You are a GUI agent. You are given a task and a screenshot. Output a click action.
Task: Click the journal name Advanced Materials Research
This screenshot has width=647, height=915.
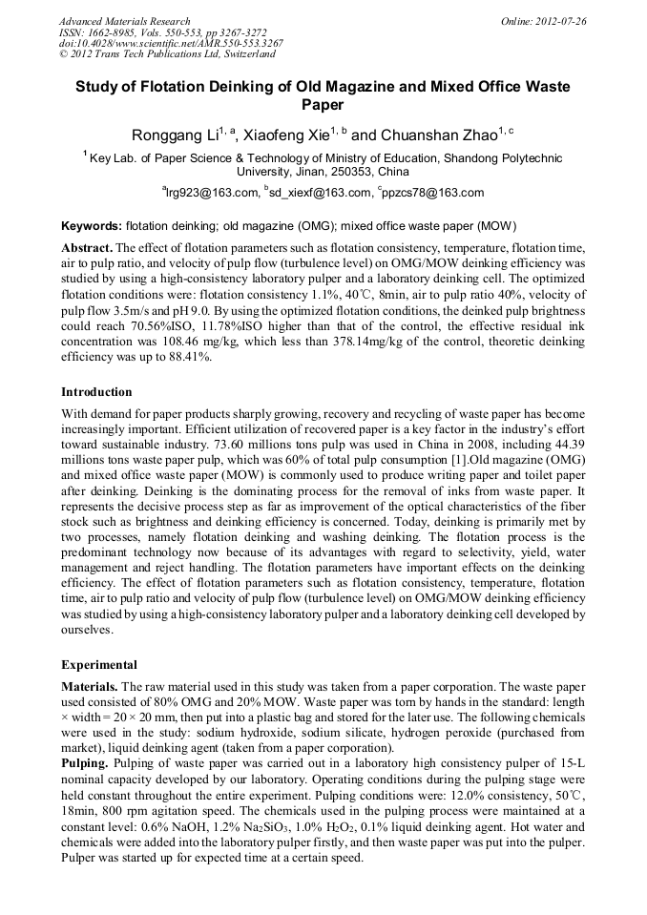click(x=124, y=21)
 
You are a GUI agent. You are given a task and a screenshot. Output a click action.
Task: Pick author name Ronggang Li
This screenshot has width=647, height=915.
click(x=173, y=136)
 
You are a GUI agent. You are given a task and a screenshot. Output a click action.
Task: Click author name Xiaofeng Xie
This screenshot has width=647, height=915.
click(x=284, y=136)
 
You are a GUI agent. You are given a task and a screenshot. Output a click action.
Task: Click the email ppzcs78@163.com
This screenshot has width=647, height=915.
click(x=434, y=193)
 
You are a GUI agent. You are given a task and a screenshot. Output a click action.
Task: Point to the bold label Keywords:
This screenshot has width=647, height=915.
click(x=92, y=227)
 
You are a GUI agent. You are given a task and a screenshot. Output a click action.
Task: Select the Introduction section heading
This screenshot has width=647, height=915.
click(x=96, y=391)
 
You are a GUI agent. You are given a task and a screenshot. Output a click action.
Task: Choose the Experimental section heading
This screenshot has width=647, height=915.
click(x=99, y=664)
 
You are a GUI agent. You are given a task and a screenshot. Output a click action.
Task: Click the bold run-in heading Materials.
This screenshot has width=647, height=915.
click(x=90, y=686)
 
